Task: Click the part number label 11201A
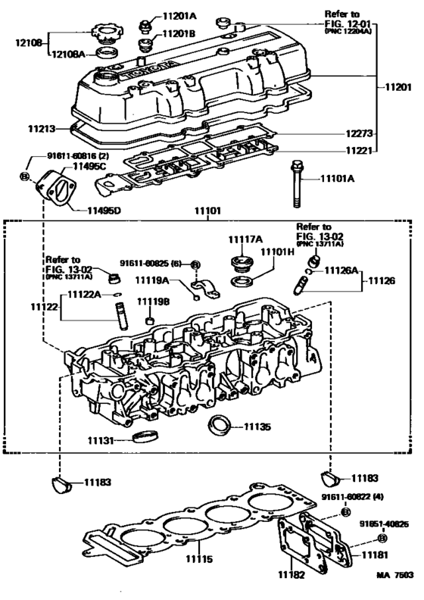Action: point(179,16)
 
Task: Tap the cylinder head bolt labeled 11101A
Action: point(296,183)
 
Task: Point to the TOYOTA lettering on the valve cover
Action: point(149,70)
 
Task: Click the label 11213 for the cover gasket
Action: point(42,129)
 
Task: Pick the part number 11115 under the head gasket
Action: point(200,559)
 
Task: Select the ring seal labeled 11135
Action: point(220,424)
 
